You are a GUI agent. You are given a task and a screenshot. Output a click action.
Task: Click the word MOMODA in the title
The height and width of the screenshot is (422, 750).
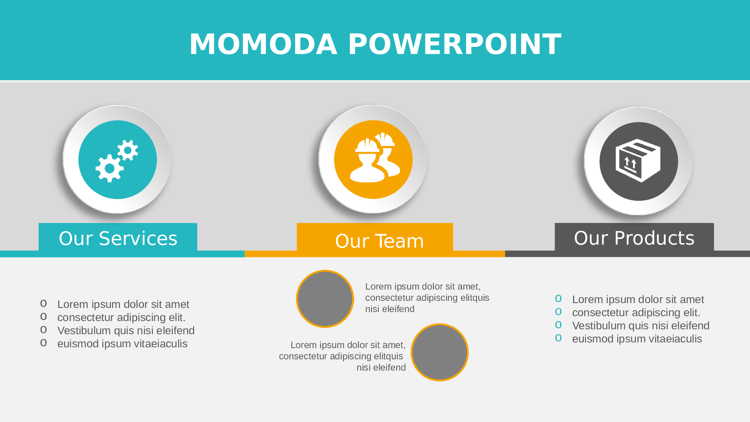(x=263, y=44)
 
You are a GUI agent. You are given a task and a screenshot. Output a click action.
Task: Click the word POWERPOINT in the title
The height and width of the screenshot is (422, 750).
(x=455, y=44)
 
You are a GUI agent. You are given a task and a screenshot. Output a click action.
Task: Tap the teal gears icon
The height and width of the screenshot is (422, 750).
(x=117, y=160)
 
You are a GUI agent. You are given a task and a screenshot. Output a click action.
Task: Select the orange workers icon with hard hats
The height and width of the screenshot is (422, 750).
(x=373, y=159)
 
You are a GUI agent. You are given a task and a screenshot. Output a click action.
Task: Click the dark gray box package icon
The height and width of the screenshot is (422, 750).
(x=639, y=161)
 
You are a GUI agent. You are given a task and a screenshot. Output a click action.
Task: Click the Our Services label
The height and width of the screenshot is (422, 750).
(x=118, y=238)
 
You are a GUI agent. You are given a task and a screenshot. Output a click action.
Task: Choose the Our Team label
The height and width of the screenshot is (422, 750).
(x=379, y=241)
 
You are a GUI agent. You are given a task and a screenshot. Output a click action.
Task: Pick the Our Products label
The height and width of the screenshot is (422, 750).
(x=634, y=238)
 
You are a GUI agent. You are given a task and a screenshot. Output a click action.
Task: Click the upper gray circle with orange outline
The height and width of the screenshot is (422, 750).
(x=325, y=299)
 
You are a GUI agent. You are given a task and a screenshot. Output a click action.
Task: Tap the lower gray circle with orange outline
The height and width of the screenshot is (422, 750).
(x=440, y=353)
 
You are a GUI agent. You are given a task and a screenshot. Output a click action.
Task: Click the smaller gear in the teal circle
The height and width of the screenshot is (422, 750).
(x=128, y=150)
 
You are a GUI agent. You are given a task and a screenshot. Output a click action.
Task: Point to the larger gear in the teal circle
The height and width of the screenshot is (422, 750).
(x=109, y=168)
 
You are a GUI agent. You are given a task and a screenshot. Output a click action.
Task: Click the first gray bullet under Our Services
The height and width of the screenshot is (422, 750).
(x=43, y=303)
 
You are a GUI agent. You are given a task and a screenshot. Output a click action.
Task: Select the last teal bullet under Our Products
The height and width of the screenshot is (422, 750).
(x=558, y=338)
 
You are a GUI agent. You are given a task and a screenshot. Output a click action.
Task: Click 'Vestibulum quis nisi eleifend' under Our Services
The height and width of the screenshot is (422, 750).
(x=126, y=330)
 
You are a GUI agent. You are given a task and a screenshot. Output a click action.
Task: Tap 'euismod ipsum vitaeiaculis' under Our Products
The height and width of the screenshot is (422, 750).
(x=637, y=339)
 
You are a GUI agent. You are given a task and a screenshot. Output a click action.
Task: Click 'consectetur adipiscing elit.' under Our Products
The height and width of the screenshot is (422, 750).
(x=636, y=312)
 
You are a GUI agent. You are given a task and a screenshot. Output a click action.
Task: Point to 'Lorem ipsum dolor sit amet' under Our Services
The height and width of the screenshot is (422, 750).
(x=123, y=304)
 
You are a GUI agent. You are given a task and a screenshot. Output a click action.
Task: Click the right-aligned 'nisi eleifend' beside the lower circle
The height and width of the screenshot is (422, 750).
(x=381, y=368)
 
